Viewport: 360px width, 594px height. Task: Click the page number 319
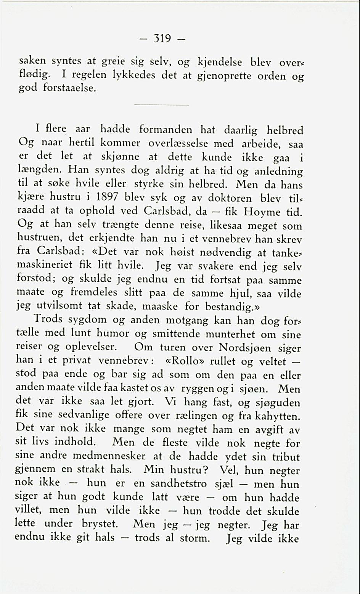[x=161, y=39]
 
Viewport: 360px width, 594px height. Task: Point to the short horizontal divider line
[x=162, y=105]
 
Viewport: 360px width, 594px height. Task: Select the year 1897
[x=104, y=198]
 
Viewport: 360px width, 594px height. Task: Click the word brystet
[x=100, y=525]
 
